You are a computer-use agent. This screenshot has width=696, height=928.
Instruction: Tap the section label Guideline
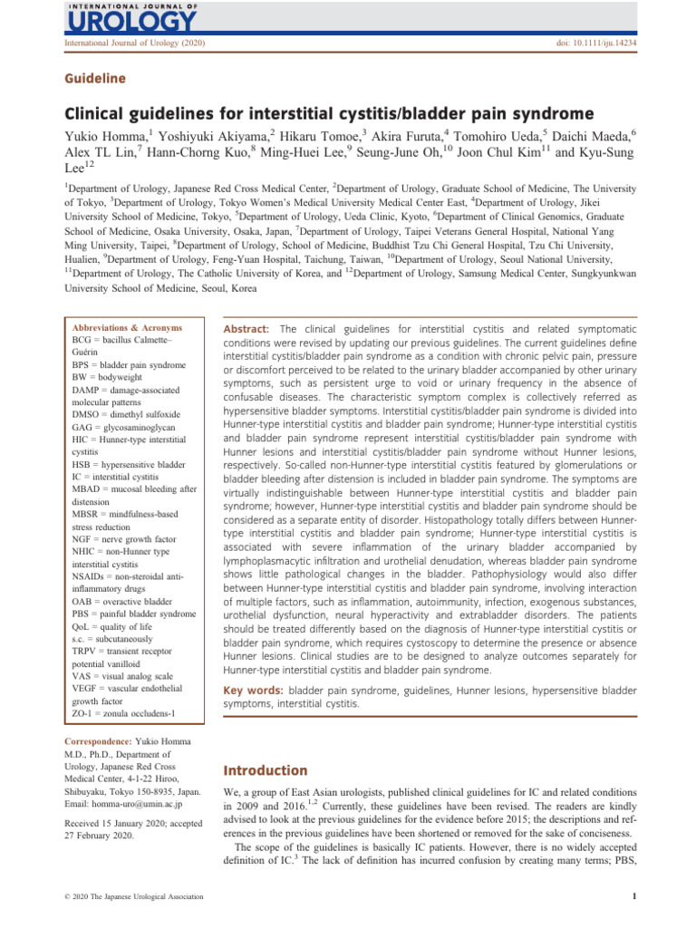point(94,79)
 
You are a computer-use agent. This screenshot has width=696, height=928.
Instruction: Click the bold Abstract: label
point(248,328)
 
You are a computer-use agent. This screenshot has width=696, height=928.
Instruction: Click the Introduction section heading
point(266,770)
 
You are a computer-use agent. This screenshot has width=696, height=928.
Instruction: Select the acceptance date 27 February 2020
point(99,836)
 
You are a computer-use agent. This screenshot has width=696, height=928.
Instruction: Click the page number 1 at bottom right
point(633,898)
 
